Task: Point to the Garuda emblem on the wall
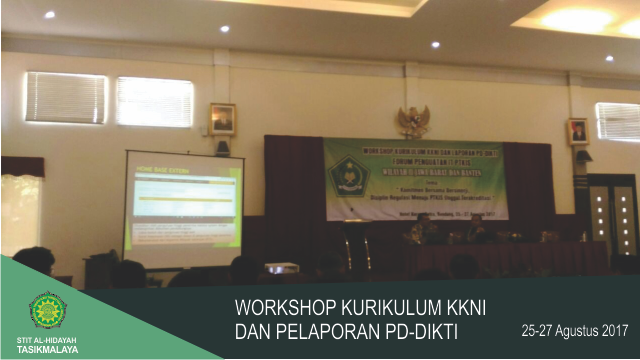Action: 413,121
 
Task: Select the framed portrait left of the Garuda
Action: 222,119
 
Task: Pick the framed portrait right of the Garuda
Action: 577,131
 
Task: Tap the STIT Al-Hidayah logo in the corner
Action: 47,310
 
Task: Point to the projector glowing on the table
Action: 281,268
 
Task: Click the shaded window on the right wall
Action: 617,122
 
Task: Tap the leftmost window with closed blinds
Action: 65,97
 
